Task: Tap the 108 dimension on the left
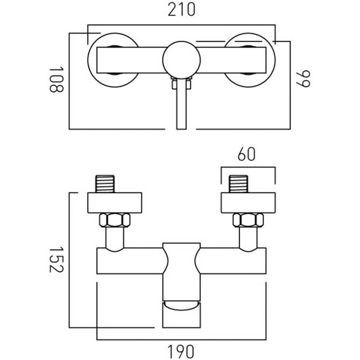tap(54, 79)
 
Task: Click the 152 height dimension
tap(54, 259)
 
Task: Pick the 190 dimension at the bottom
tap(182, 350)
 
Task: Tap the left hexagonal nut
tap(114, 220)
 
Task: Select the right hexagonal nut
tap(247, 220)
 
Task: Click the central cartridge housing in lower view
tap(180, 270)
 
